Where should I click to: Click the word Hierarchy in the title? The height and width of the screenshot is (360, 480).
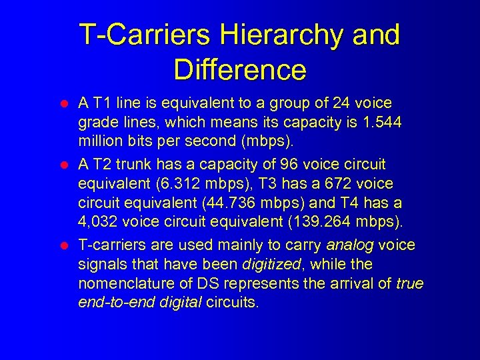[285, 35]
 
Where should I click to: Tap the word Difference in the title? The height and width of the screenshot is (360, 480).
[240, 69]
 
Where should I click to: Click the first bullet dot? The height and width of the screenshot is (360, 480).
[65, 105]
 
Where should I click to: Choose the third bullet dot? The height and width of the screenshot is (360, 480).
[65, 246]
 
